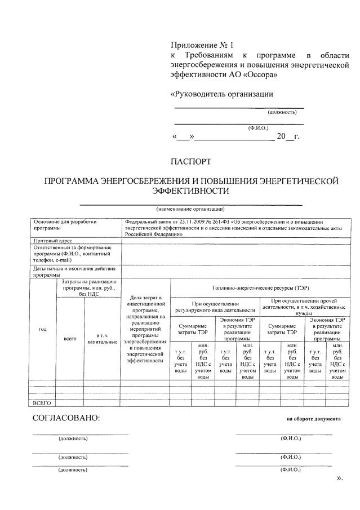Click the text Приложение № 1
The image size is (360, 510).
[201, 45]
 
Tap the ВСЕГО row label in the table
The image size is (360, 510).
[42, 403]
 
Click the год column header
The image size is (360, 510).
[42, 329]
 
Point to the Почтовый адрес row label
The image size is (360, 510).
[53, 240]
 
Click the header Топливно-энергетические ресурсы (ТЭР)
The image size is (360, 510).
[260, 287]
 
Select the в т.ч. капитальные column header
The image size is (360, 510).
[102, 338]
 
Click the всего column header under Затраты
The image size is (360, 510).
[70, 339]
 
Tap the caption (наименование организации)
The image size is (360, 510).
[190, 209]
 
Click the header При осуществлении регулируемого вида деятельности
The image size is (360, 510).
[215, 306]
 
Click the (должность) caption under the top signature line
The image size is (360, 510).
[282, 112]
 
